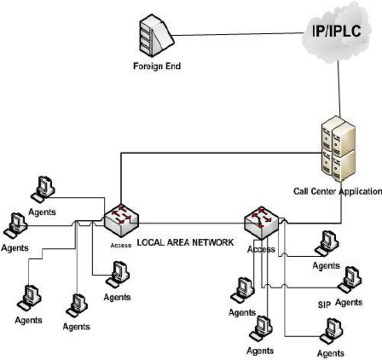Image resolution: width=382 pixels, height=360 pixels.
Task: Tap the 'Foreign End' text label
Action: click(157, 67)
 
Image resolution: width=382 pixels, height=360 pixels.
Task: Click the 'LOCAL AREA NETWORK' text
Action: click(185, 242)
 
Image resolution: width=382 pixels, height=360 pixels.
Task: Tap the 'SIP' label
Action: click(324, 305)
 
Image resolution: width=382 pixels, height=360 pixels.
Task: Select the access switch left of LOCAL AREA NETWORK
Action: click(120, 218)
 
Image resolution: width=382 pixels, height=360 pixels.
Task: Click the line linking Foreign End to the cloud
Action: click(238, 35)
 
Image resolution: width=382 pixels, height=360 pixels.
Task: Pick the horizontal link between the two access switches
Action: click(191, 223)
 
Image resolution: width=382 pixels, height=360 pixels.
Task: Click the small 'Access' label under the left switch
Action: click(120, 245)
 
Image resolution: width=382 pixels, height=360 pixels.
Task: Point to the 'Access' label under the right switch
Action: click(261, 249)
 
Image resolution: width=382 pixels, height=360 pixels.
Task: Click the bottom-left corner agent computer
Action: click(29, 297)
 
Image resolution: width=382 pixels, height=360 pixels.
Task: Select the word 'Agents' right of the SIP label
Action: click(349, 302)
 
